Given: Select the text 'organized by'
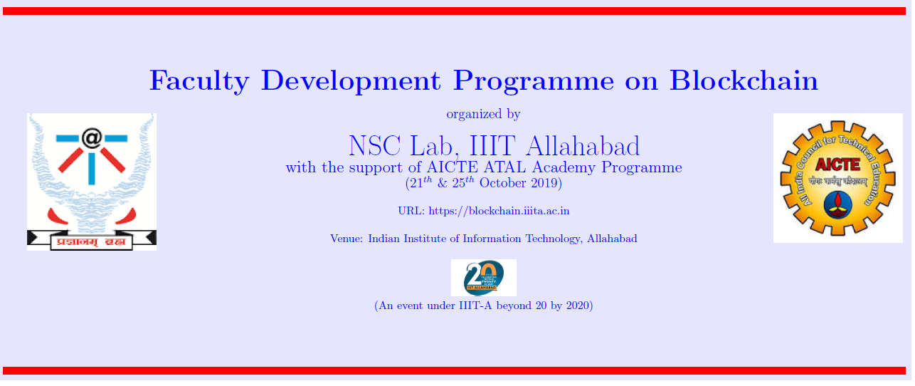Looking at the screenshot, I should pos(483,114).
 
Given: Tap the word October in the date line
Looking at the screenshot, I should pos(503,183).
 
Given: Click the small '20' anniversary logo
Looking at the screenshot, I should pos(483,277).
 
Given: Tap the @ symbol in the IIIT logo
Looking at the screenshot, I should pos(91,137).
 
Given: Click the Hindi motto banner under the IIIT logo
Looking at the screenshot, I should pos(91,241).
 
